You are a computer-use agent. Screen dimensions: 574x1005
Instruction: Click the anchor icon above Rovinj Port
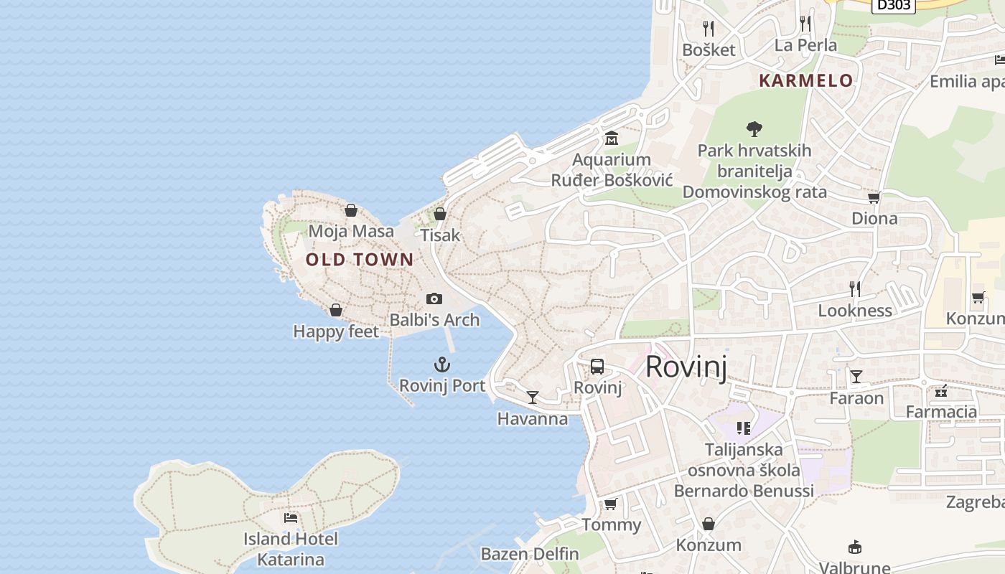click(442, 364)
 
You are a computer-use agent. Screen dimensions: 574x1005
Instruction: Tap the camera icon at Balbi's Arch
click(434, 298)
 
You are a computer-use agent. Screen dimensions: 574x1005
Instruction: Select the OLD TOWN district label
click(360, 260)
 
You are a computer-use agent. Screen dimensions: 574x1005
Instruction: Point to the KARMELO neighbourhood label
click(806, 80)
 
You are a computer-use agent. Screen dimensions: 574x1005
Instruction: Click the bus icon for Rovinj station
click(597, 367)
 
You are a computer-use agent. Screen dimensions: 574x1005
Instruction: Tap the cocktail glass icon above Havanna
click(533, 397)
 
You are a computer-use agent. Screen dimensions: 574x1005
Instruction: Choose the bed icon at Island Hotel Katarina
click(291, 517)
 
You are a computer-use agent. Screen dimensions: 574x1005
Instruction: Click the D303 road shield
click(894, 5)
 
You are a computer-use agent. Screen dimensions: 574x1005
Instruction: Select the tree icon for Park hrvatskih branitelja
click(754, 129)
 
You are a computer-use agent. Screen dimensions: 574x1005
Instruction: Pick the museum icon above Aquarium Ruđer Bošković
click(612, 138)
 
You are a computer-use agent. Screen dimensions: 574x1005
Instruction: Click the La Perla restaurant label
click(805, 45)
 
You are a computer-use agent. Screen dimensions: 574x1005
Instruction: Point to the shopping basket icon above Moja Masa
click(351, 210)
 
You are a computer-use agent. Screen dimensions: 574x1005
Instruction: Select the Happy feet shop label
click(336, 331)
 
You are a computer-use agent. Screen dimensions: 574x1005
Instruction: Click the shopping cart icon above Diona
click(874, 197)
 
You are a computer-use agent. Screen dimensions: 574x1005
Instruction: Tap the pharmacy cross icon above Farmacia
click(941, 391)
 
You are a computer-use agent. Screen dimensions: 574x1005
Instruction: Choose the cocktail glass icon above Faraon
click(856, 377)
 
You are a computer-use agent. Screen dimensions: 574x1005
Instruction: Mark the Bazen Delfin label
click(530, 554)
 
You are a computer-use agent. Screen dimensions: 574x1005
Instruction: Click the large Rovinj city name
click(686, 367)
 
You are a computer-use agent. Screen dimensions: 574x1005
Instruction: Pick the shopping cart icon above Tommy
click(611, 504)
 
